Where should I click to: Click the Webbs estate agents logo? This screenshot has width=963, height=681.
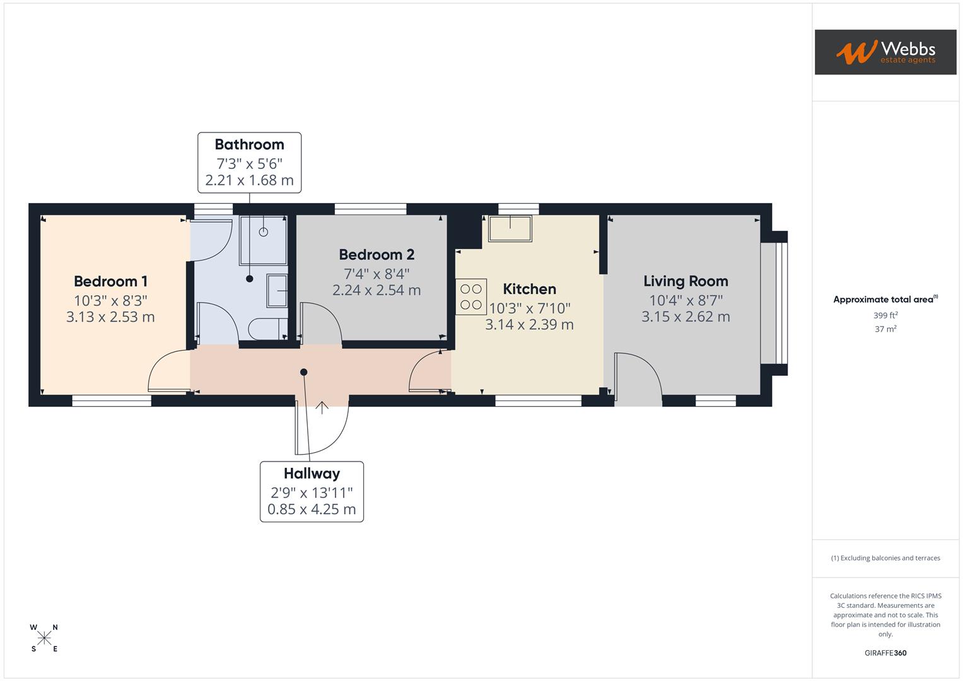pos(885,52)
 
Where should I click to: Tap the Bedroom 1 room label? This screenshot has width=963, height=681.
pos(110,281)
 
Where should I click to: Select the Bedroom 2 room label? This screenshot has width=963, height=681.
pos(376,255)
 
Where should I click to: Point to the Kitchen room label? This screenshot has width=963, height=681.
pos(529,289)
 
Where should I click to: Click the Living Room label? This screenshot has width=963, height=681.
pos(686,281)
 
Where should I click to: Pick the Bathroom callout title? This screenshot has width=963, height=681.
pos(249,144)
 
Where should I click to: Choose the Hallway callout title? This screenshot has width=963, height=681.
pos(312,474)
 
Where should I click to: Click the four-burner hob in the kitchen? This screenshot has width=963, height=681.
pos(471,297)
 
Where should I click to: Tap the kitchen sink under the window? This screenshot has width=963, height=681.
pos(510,228)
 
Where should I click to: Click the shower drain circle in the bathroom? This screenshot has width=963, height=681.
pos(264,232)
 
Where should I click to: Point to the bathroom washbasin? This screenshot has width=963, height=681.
pos(277,291)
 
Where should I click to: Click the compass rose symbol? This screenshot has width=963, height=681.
pos(44,638)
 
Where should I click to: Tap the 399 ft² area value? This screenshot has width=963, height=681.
pos(885,315)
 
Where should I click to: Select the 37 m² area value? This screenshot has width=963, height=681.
pos(885,329)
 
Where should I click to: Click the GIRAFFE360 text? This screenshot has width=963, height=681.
pos(885,653)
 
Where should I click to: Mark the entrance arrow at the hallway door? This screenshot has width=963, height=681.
pos(322,407)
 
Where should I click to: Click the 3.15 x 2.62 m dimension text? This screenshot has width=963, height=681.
pos(686,317)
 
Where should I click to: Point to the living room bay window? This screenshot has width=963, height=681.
pos(774,304)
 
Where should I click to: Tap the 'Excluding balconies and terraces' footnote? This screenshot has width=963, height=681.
pos(885,558)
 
